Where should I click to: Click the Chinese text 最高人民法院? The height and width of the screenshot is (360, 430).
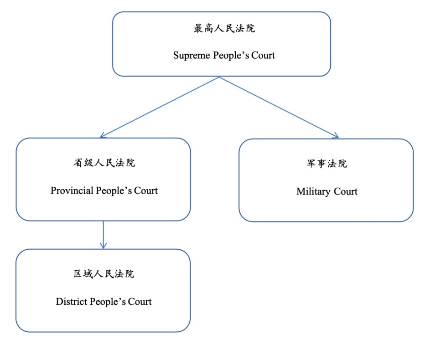[x=224, y=29]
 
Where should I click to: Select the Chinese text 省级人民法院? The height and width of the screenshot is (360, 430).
[x=104, y=163]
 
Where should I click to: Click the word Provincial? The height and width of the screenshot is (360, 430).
[x=72, y=190]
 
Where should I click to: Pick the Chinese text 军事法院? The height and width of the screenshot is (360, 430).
[x=326, y=164]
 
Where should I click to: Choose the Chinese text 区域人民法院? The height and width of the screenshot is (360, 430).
[x=104, y=274]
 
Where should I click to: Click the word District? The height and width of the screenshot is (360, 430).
[x=72, y=302]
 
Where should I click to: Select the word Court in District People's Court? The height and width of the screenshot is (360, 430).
[x=140, y=302]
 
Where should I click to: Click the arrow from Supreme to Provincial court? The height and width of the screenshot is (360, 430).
[x=160, y=107]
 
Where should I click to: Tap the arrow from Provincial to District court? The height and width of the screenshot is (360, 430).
[x=104, y=233]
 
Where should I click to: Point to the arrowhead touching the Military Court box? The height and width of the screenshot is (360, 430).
[x=336, y=135]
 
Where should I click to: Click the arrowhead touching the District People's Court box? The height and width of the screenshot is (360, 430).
[x=104, y=246]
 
